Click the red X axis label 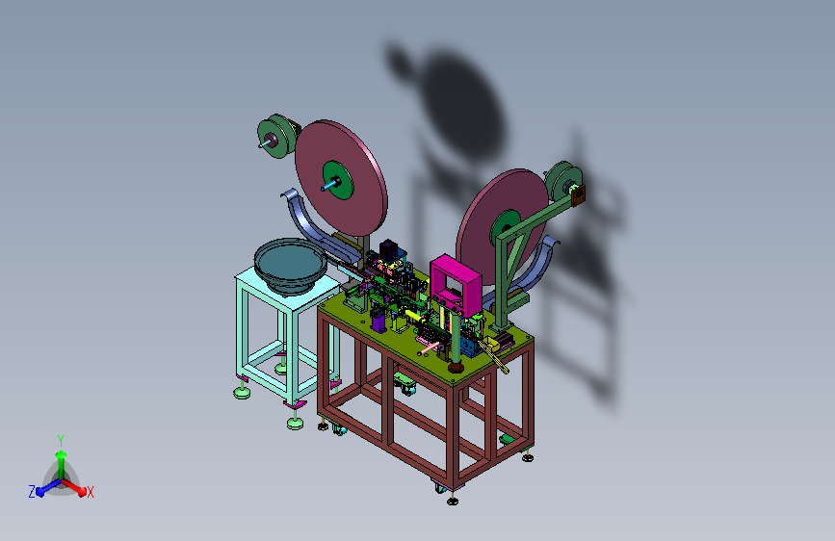click(90, 492)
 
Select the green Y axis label click(61, 441)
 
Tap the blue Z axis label click(32, 492)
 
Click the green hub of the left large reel click(338, 181)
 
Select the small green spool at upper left click(277, 136)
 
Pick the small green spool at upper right click(563, 181)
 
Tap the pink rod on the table click(429, 349)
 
